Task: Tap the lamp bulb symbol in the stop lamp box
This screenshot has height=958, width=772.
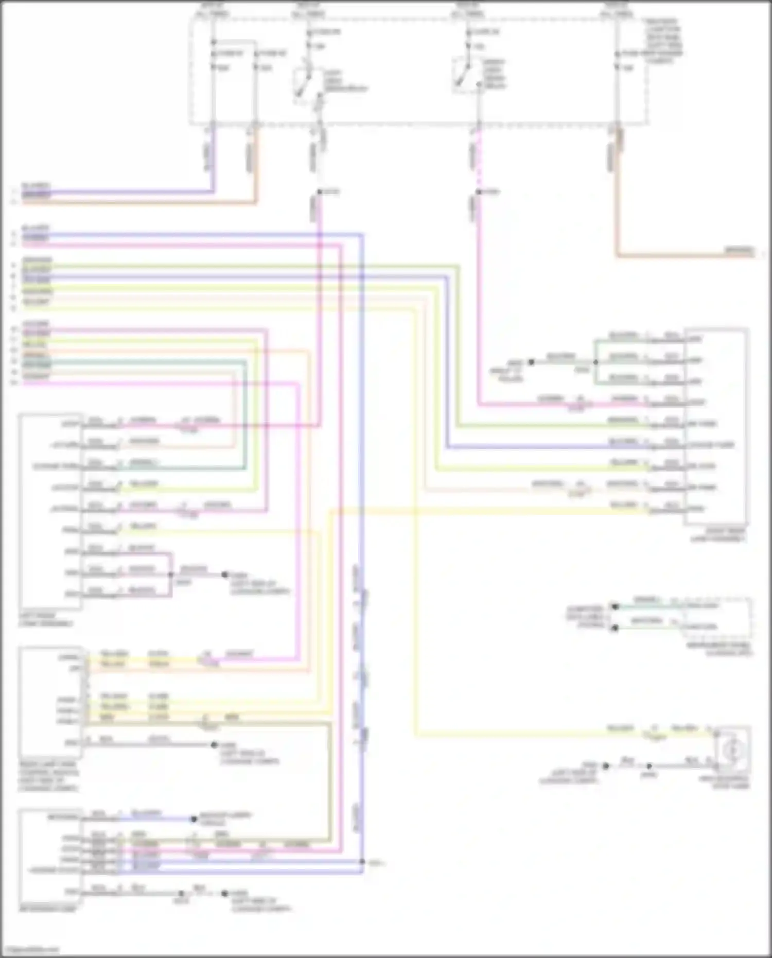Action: click(732, 751)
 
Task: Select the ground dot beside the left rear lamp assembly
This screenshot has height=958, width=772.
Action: click(224, 574)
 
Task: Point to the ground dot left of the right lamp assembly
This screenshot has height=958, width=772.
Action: click(531, 362)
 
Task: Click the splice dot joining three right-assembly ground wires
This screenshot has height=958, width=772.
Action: click(595, 362)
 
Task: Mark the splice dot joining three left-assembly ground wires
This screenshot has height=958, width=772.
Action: click(171, 574)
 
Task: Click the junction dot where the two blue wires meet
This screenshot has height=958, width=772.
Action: click(362, 861)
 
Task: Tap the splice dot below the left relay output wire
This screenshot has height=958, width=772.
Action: click(319, 192)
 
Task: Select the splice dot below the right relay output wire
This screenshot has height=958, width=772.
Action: click(478, 192)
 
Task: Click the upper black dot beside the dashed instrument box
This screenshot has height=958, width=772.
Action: click(614, 606)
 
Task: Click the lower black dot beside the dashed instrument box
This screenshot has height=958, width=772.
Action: click(614, 628)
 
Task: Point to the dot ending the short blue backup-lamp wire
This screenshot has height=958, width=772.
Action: click(194, 818)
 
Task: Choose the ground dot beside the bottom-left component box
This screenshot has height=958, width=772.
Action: click(224, 893)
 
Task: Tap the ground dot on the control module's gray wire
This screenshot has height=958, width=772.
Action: click(214, 744)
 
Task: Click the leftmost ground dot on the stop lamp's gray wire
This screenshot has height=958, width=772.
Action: click(606, 766)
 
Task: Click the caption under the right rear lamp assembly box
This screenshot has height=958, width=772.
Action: click(717, 535)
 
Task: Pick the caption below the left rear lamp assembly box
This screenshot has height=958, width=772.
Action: click(46, 619)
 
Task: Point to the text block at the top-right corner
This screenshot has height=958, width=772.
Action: click(664, 41)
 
